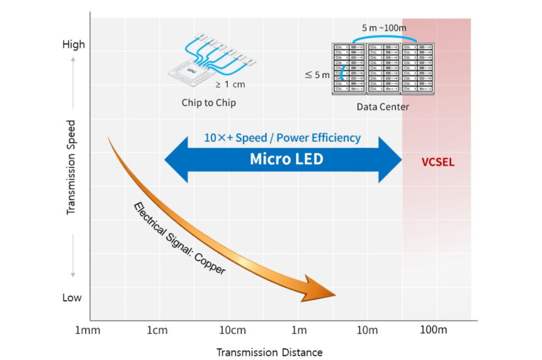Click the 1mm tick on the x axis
[88, 329]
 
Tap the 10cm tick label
[232, 329]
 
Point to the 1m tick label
[298, 329]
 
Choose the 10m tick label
[367, 329]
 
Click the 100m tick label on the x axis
[433, 329]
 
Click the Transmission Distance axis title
[270, 352]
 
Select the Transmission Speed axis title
[71, 167]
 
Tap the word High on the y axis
[73, 45]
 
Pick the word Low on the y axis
[72, 298]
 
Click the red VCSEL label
[438, 162]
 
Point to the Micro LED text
[286, 159]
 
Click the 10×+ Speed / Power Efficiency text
[283, 137]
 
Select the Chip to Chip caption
[209, 103]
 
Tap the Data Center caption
[383, 107]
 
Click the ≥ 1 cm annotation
[230, 84]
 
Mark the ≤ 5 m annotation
[317, 75]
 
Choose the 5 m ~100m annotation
[384, 28]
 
